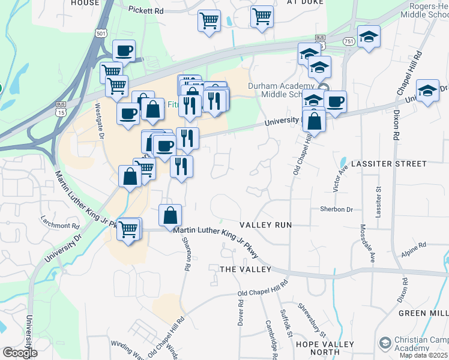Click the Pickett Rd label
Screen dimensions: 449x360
coord(146,11)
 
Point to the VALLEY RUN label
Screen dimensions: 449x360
coord(265,224)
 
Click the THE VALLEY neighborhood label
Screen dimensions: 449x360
coord(246,269)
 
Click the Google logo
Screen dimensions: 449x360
coord(20,353)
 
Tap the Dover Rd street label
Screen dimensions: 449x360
coord(241,316)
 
